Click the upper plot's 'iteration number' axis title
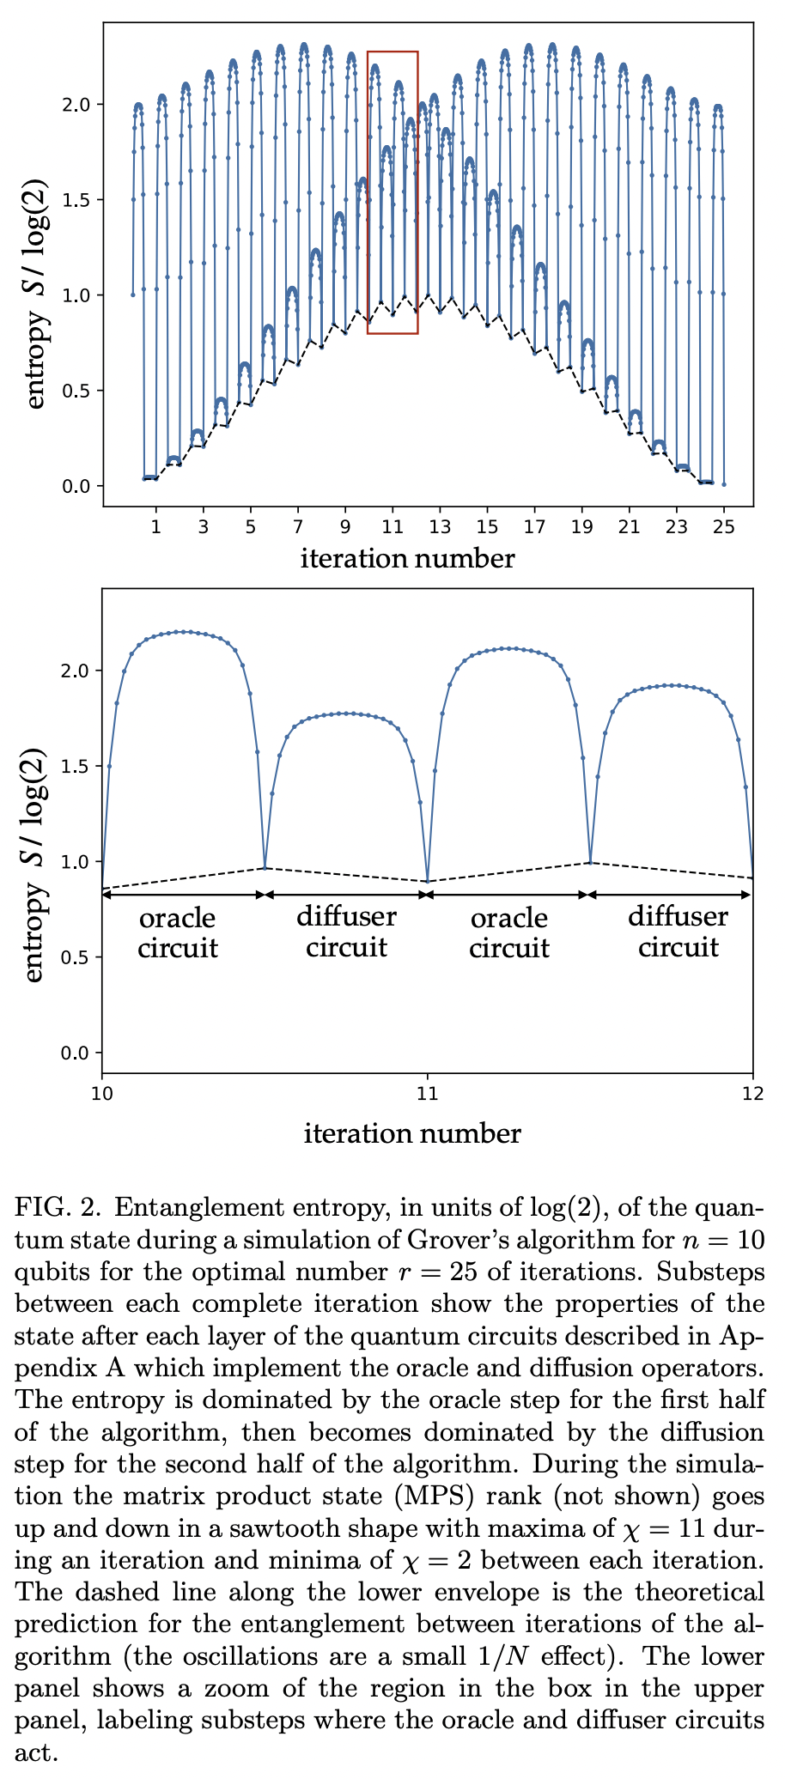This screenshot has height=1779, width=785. pyautogui.click(x=408, y=560)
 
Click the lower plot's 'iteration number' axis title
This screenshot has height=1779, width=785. pyautogui.click(x=412, y=1133)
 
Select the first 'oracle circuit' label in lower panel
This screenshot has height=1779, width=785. pyautogui.click(x=178, y=933)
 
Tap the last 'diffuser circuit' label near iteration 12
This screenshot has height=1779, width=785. pyautogui.click(x=678, y=932)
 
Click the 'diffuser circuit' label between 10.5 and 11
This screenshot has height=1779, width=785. pyautogui.click(x=346, y=932)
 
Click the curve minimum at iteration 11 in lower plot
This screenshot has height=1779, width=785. pyautogui.click(x=428, y=881)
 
